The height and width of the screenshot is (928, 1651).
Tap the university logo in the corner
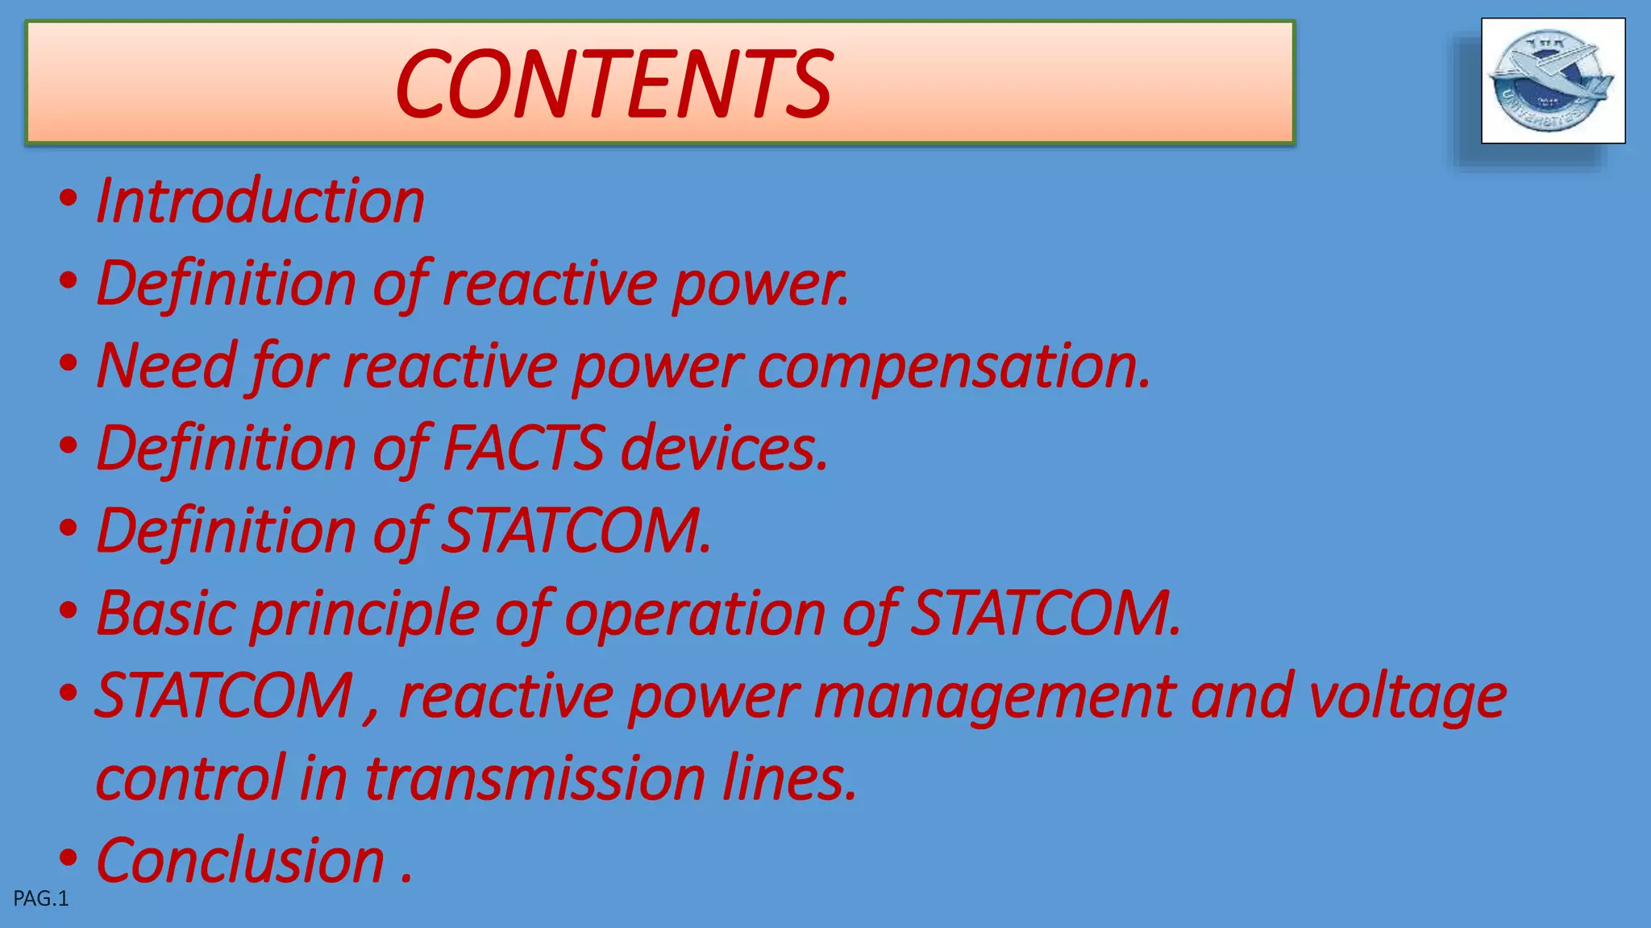click(x=1553, y=81)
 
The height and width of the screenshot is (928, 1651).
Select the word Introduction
click(x=260, y=201)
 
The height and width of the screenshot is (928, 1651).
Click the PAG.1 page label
click(x=41, y=899)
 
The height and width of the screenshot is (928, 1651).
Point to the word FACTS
click(x=523, y=448)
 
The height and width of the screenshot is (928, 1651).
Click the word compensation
click(x=954, y=366)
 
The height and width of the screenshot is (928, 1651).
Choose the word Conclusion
click(x=240, y=860)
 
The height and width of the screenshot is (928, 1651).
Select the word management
click(x=995, y=696)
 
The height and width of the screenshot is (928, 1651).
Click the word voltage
click(x=1407, y=696)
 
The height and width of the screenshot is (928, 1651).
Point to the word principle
click(x=364, y=614)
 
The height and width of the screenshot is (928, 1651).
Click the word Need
click(x=166, y=366)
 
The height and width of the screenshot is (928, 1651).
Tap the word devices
click(x=723, y=448)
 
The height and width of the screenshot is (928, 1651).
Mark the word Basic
click(x=165, y=614)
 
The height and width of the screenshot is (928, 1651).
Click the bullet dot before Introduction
click(x=69, y=198)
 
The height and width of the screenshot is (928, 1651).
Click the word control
click(x=190, y=778)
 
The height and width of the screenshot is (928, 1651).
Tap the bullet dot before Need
click(x=69, y=363)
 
